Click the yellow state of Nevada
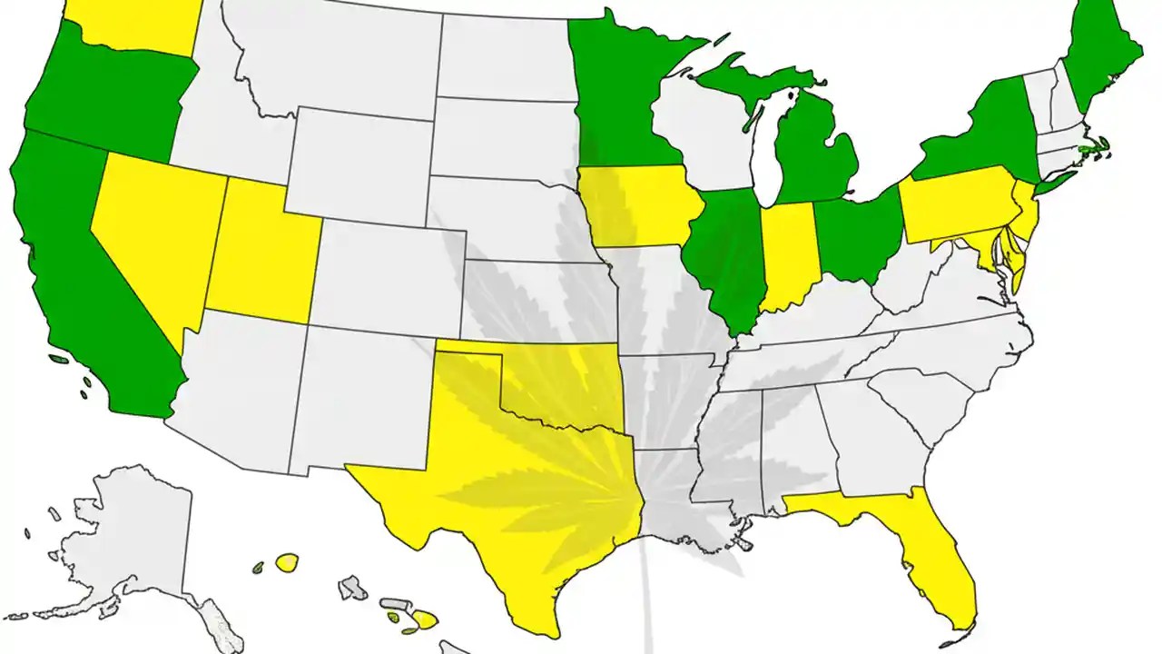[x=154, y=236]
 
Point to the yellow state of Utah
[x=263, y=254]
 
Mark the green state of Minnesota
[x=617, y=100]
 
